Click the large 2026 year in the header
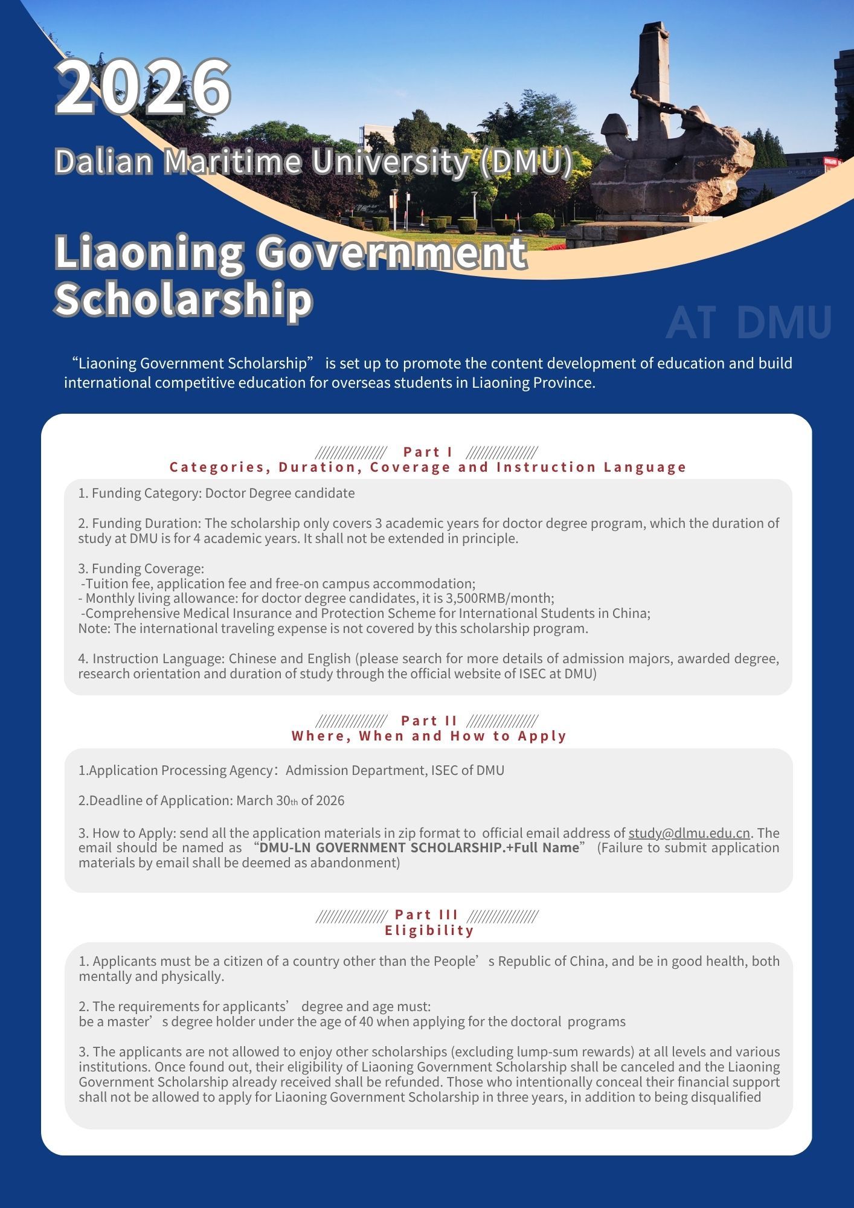point(143,88)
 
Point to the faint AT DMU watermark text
point(748,323)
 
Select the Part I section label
point(428,452)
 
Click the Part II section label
point(429,721)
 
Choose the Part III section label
point(426,914)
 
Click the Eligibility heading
point(429,930)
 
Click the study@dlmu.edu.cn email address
point(689,833)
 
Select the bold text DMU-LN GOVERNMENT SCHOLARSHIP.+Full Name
point(419,847)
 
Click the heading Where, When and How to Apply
point(429,736)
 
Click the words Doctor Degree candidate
point(280,493)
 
